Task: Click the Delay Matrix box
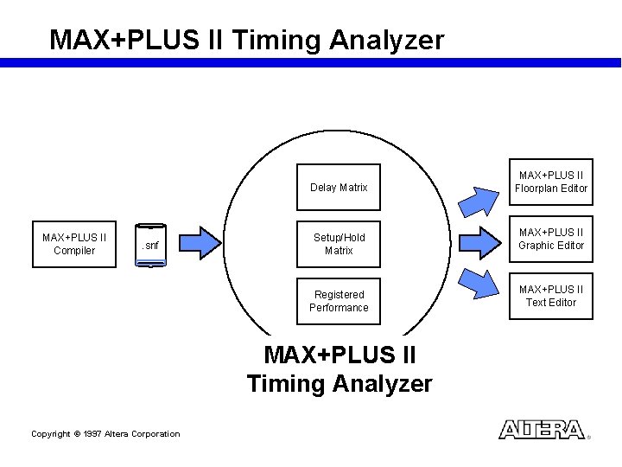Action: tap(339, 187)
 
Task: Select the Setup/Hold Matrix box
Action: tap(339, 244)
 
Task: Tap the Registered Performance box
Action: tap(339, 301)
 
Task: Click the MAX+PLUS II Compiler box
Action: tap(74, 244)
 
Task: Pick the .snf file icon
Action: tap(150, 245)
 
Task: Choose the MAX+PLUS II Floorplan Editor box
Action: tap(551, 182)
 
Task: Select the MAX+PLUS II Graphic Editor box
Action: tap(551, 239)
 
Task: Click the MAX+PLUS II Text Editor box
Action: tap(551, 296)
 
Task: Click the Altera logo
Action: tap(543, 430)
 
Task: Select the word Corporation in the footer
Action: tap(155, 434)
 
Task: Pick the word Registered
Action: tap(339, 295)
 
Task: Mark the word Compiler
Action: tap(74, 251)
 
